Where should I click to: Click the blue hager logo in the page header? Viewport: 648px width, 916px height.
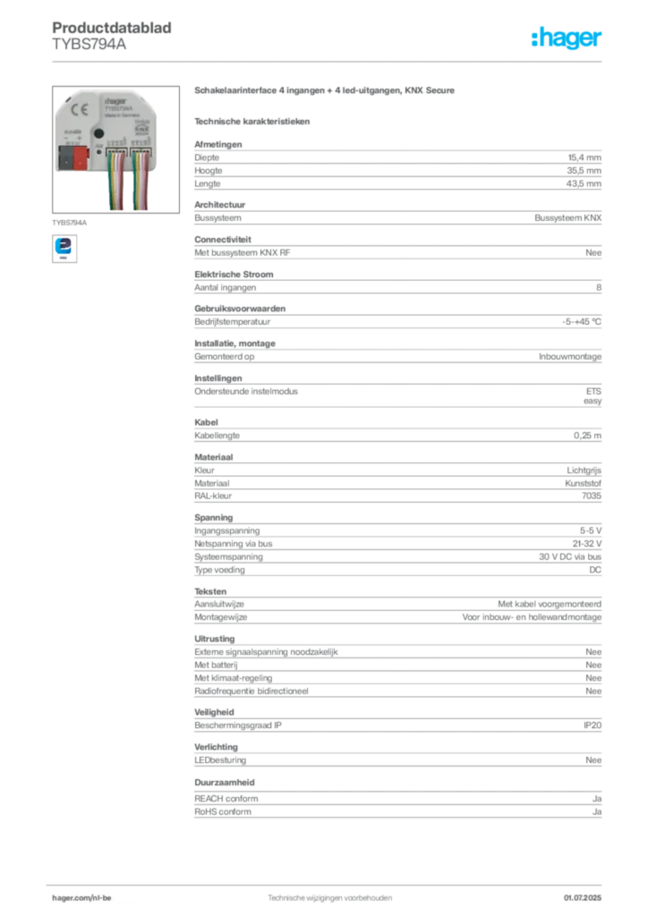(x=567, y=39)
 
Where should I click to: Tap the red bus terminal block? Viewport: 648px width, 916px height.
(x=80, y=160)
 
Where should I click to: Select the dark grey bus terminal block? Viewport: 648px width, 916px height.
(x=65, y=160)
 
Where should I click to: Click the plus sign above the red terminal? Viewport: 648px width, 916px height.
(x=80, y=139)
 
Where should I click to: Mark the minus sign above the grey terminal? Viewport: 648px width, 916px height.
(x=65, y=139)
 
